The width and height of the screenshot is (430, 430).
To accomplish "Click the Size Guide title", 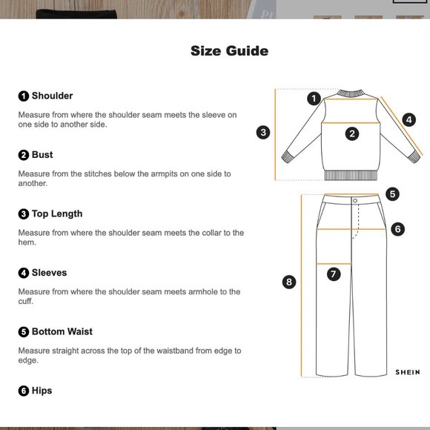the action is click(x=229, y=51).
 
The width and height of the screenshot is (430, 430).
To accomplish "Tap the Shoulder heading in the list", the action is click(x=52, y=96).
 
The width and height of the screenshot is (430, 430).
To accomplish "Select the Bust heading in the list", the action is click(x=42, y=155).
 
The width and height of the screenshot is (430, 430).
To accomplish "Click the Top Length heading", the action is click(x=57, y=214).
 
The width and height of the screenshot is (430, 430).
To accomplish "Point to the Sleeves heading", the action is click(x=50, y=273).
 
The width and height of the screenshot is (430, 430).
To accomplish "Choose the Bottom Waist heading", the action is click(x=62, y=331).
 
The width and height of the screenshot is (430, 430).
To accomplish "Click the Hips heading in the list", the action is click(x=42, y=391).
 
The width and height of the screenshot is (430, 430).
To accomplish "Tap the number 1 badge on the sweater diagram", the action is click(x=314, y=99).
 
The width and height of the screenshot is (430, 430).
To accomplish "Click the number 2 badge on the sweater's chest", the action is click(x=352, y=134).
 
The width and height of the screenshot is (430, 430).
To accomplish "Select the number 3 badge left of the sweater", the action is click(x=263, y=133).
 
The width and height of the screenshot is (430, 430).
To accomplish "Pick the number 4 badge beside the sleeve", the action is click(x=409, y=120).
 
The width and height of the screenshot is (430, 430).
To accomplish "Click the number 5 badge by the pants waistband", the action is click(x=392, y=194).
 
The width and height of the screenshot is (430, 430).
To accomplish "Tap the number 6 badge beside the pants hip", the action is click(x=397, y=229).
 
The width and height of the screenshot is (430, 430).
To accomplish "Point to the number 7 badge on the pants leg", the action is click(x=334, y=274).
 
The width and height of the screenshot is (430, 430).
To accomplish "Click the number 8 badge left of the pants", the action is click(x=289, y=282).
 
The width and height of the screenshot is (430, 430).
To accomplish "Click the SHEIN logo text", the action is click(x=408, y=372).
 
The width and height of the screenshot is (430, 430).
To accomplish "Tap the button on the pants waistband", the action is click(x=355, y=201).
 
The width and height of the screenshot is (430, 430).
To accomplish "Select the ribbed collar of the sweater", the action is click(x=351, y=93).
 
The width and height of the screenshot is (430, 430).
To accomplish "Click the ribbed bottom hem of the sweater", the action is click(x=351, y=175).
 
